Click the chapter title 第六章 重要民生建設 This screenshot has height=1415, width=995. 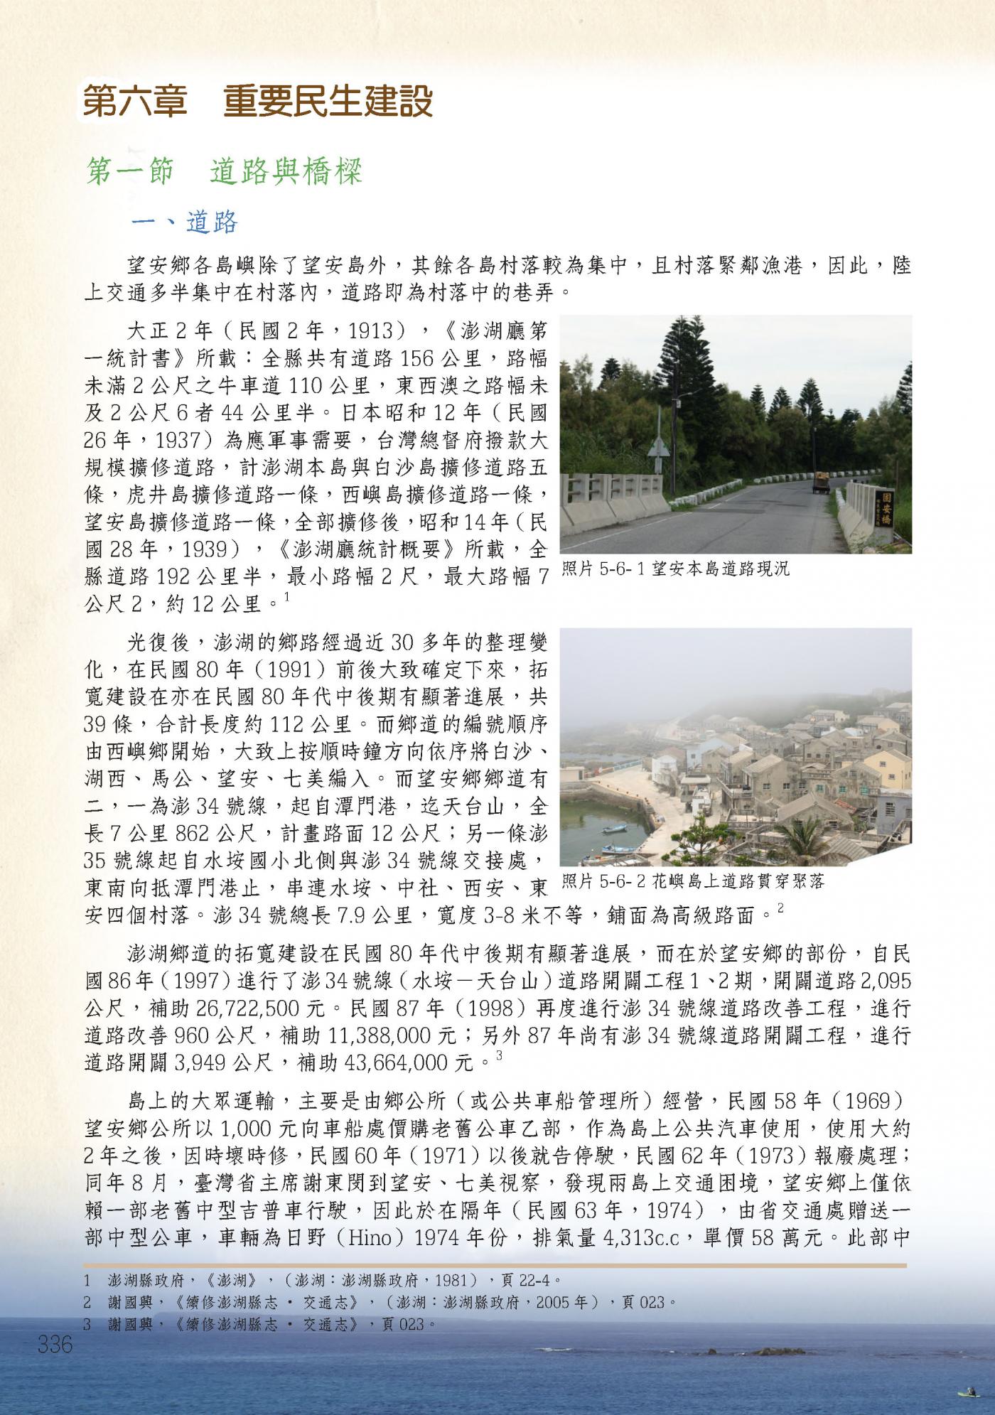(257, 102)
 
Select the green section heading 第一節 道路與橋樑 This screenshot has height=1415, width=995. (224, 173)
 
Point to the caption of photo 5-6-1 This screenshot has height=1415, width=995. (675, 569)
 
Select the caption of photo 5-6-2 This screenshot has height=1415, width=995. (693, 882)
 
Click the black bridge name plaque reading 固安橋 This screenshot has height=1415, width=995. (886, 508)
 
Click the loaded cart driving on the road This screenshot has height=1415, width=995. (821, 483)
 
